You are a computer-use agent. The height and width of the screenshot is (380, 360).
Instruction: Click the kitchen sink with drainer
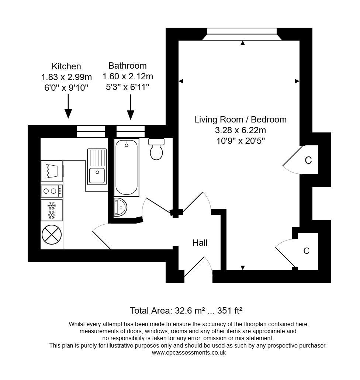(97, 166)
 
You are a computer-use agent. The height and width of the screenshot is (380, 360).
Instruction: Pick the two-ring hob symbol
(51, 191)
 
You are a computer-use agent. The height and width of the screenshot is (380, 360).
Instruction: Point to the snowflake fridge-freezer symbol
(51, 210)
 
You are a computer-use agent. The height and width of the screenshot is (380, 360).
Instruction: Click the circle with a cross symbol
(51, 234)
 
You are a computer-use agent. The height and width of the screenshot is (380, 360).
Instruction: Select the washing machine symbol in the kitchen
(51, 170)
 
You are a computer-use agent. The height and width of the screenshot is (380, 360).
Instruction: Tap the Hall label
(200, 243)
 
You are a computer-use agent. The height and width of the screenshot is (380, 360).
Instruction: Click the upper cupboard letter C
(308, 160)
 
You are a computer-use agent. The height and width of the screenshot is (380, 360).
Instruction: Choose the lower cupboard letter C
(306, 251)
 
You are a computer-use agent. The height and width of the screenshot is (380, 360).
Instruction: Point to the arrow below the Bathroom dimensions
(131, 107)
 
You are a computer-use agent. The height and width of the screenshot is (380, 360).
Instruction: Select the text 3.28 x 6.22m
(240, 130)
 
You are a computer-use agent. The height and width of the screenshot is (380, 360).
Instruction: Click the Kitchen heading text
(66, 66)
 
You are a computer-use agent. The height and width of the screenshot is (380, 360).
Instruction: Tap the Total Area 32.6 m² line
(186, 310)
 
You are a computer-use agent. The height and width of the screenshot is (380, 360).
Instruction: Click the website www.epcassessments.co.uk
(188, 353)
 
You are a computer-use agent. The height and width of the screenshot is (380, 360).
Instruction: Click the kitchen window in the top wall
(90, 131)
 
